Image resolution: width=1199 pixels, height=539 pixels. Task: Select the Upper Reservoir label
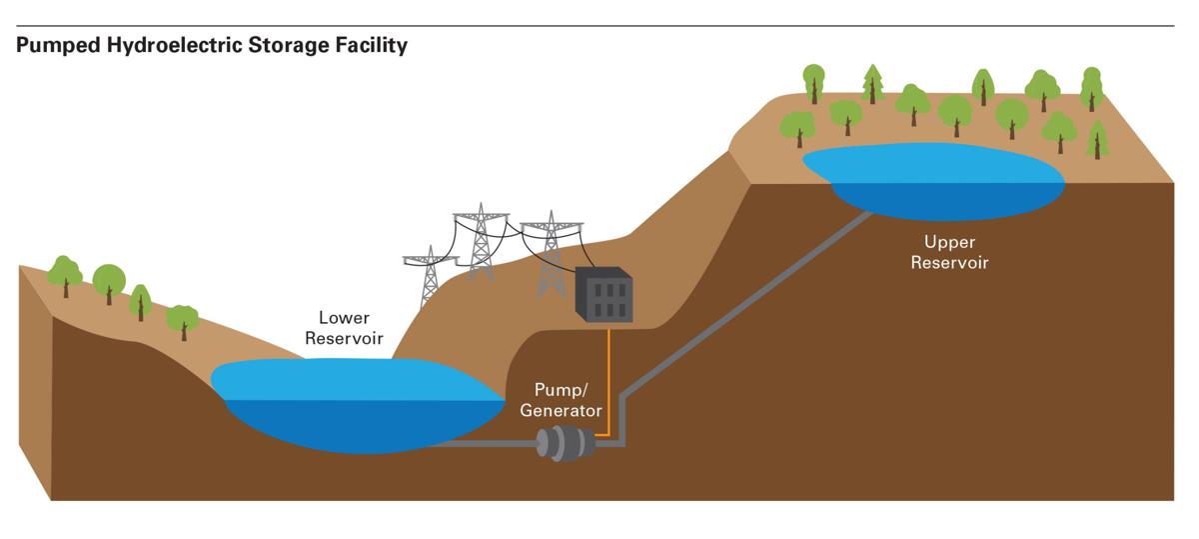coord(948,252)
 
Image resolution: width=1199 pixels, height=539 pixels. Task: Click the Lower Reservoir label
coord(344,328)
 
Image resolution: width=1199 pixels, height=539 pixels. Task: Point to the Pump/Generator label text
coord(568,399)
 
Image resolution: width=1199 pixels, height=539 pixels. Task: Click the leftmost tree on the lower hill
coord(65,273)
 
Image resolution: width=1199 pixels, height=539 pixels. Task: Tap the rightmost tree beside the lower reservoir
coord(182,320)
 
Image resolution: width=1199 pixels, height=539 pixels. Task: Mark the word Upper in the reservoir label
coord(948,242)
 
